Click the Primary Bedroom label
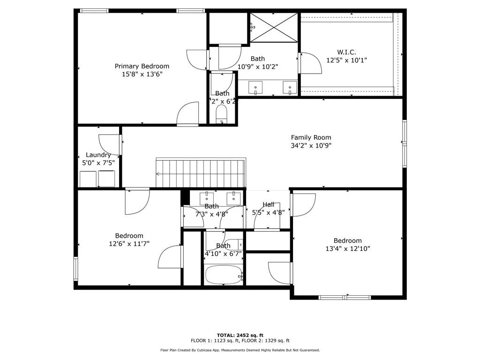[x=142, y=66]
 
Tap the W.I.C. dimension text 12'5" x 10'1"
[x=346, y=60]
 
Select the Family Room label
[x=311, y=137]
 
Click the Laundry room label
[x=98, y=155]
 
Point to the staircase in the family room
[x=201, y=173]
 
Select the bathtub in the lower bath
[x=223, y=275]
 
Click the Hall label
[x=269, y=204]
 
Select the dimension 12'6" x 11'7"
[x=129, y=243]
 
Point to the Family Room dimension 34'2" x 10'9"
[x=311, y=145]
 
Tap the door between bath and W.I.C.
[x=309, y=63]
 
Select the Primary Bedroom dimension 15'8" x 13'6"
[x=142, y=74]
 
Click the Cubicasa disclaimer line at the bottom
[x=240, y=350]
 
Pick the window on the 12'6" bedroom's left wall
[x=75, y=269]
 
